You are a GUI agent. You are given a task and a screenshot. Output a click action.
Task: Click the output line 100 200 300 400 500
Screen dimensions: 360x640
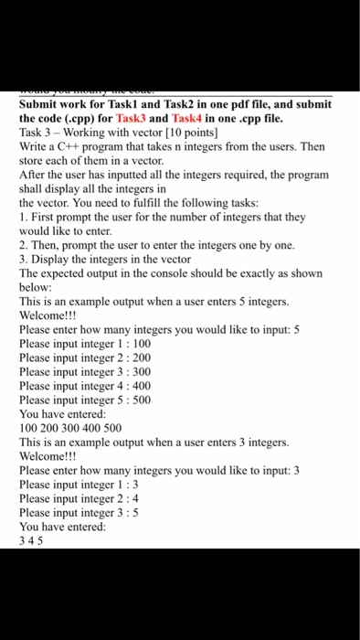click(x=69, y=427)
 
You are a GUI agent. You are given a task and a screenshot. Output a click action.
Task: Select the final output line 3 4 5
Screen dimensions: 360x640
click(x=30, y=540)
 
